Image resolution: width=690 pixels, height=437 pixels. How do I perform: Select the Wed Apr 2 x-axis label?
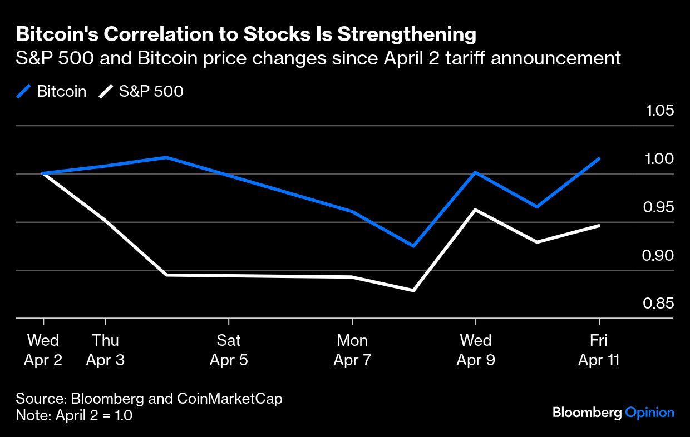click(x=43, y=350)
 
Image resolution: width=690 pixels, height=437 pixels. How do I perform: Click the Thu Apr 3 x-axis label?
click(x=105, y=350)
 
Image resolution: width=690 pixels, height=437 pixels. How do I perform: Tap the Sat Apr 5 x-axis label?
click(x=229, y=350)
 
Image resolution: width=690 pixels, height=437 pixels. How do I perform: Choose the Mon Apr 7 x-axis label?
click(x=352, y=350)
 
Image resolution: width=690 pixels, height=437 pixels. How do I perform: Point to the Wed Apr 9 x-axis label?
click(x=476, y=350)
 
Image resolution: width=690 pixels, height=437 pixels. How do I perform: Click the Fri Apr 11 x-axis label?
click(x=599, y=350)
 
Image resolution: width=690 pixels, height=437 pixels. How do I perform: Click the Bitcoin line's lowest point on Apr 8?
click(x=413, y=245)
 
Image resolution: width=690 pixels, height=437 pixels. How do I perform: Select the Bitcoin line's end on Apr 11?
click(x=599, y=159)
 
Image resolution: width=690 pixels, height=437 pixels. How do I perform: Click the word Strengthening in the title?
click(x=407, y=35)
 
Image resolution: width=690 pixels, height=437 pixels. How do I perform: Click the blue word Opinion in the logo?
click(x=649, y=413)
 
